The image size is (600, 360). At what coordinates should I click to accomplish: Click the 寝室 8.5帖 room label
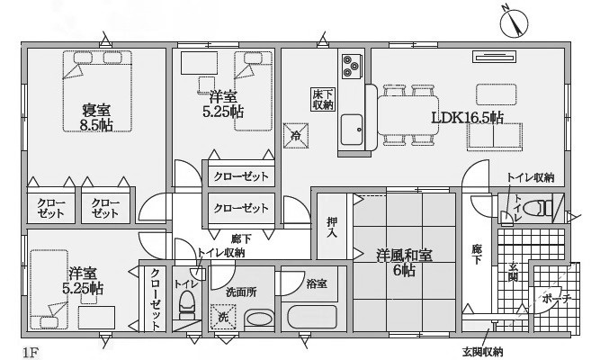[x=96, y=117]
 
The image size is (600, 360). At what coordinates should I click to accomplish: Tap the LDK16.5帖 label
[x=467, y=117]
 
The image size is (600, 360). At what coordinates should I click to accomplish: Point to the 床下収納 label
[x=323, y=99]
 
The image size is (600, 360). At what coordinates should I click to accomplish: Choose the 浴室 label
[x=317, y=284]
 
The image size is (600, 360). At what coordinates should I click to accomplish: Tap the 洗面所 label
[x=240, y=292]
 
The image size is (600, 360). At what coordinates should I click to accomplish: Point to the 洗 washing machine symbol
[x=223, y=317]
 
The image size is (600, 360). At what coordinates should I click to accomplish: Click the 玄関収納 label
[x=482, y=351]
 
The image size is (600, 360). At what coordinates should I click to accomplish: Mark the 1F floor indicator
[x=31, y=346]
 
